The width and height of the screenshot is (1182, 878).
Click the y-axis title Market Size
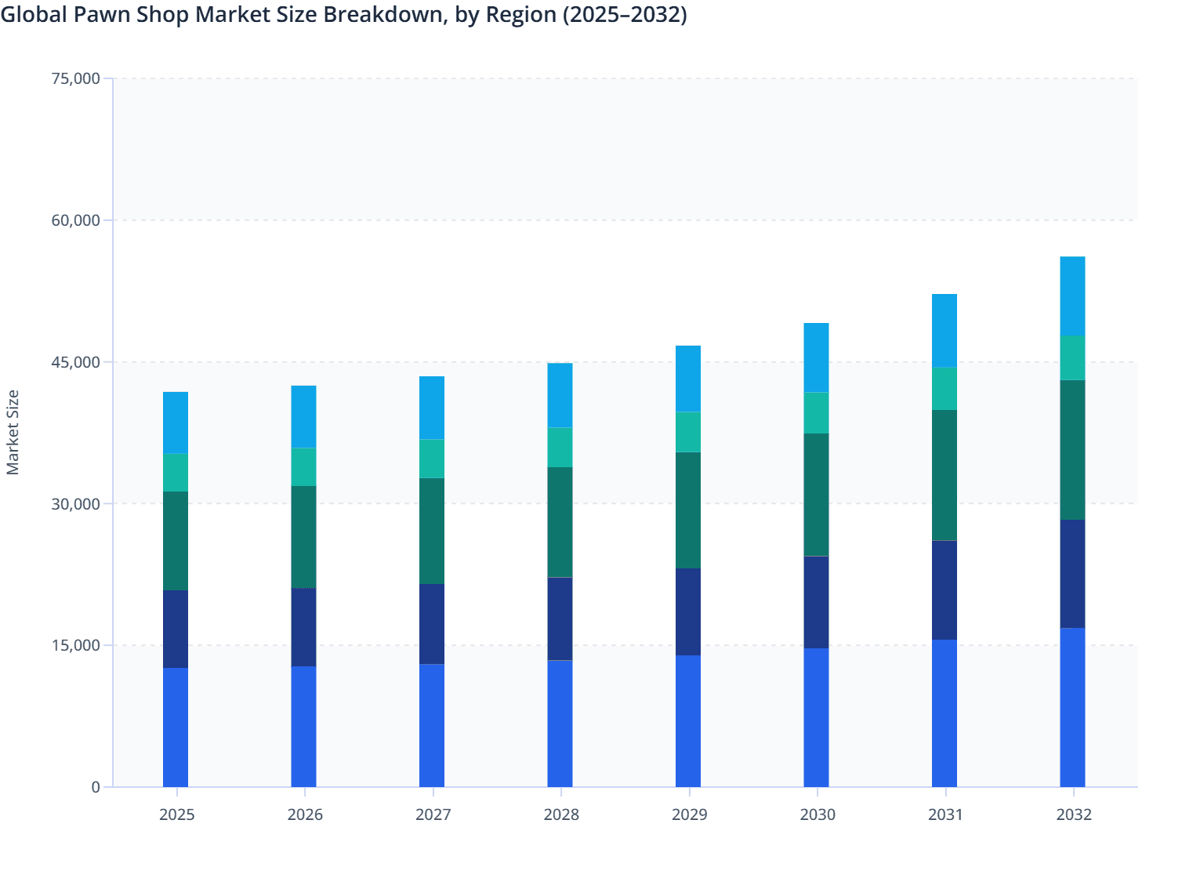click(x=13, y=432)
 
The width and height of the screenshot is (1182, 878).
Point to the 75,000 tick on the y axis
click(x=76, y=78)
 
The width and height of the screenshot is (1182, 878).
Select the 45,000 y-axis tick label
click(x=76, y=362)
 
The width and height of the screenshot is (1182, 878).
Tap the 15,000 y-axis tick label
click(x=76, y=645)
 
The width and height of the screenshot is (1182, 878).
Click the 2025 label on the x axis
click(x=176, y=815)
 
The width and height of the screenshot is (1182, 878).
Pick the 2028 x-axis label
click(x=561, y=815)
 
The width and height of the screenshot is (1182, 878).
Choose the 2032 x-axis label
click(x=1073, y=815)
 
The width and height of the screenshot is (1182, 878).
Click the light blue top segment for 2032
click(x=1072, y=296)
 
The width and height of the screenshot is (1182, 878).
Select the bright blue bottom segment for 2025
click(x=176, y=727)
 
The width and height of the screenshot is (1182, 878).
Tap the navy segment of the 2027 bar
click(x=432, y=624)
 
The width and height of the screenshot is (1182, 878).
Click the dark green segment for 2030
click(x=816, y=495)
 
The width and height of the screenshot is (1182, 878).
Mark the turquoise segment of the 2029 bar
click(x=688, y=432)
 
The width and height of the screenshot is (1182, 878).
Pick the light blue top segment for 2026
click(x=303, y=416)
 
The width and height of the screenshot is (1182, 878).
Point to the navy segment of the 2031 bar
click(x=945, y=590)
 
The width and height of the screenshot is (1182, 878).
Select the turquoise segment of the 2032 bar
click(x=1072, y=357)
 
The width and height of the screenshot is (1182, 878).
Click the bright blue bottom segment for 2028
click(x=560, y=724)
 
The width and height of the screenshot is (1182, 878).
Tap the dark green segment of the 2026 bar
click(x=303, y=537)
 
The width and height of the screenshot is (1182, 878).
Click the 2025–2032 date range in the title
click(x=623, y=14)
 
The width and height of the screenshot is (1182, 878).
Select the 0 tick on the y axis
click(x=96, y=787)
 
